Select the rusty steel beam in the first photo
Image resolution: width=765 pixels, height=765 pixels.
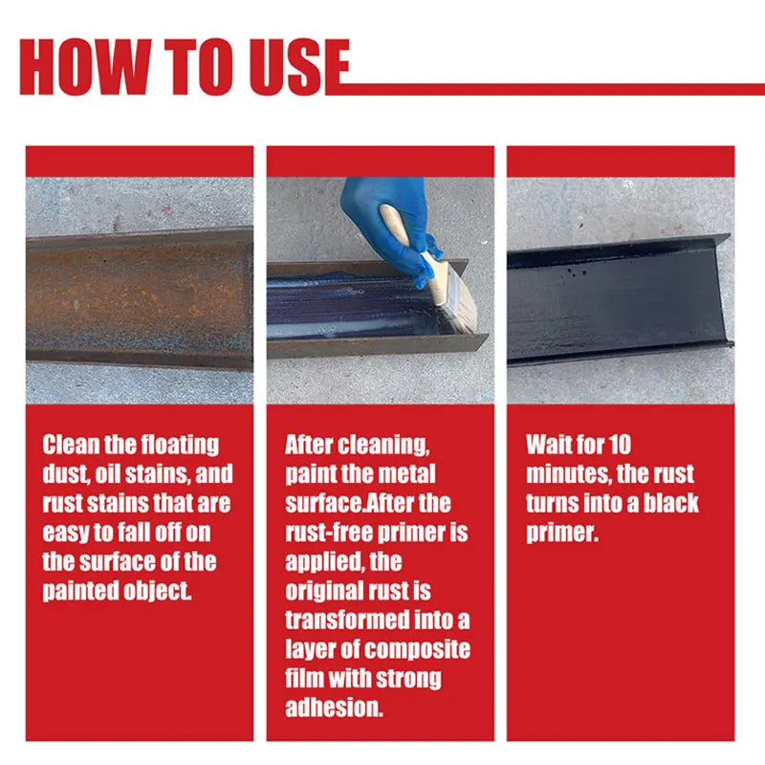[140, 297]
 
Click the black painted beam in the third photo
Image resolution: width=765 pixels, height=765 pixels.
[620, 299]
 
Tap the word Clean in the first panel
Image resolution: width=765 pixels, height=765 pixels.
[70, 445]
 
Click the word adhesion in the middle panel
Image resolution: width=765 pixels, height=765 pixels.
[334, 708]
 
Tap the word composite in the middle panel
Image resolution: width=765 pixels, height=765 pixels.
[417, 651]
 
